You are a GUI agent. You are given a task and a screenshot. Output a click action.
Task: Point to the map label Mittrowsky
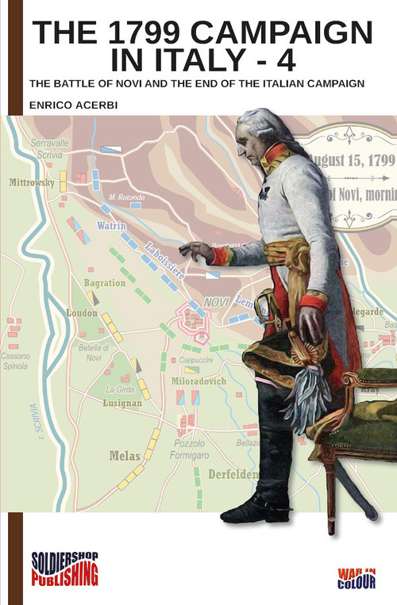pos(32,182)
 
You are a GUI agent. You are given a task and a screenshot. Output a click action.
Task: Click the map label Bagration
pos(105,282)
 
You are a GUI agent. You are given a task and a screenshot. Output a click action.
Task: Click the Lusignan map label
pos(122,403)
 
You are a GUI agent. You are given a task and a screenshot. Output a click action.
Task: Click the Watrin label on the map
pos(112,225)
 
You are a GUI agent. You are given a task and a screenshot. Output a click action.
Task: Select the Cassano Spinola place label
pos(15,362)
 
